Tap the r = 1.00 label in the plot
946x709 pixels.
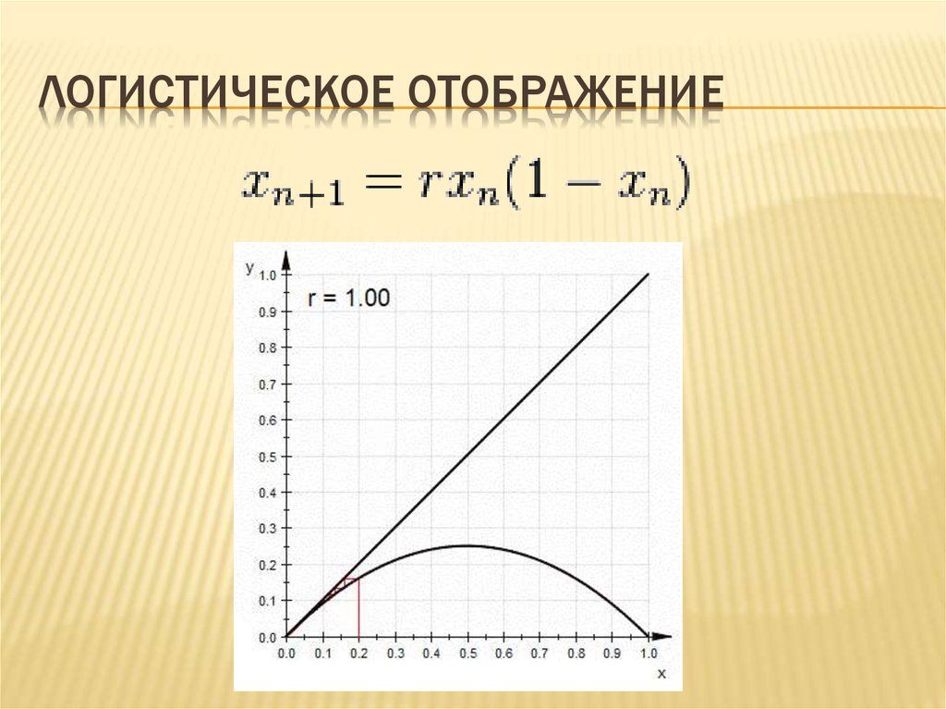[x=348, y=298]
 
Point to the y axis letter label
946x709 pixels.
[x=249, y=267]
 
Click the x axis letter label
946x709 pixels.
[x=661, y=674]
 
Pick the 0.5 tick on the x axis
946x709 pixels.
[x=467, y=654]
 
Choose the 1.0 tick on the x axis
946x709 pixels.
[x=648, y=654]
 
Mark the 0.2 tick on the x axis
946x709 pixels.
[x=358, y=654]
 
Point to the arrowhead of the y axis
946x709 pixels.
[x=286, y=258]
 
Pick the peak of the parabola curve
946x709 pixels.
[x=467, y=545]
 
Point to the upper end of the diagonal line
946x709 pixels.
[x=648, y=275]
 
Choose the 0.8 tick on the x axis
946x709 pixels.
[x=576, y=654]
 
